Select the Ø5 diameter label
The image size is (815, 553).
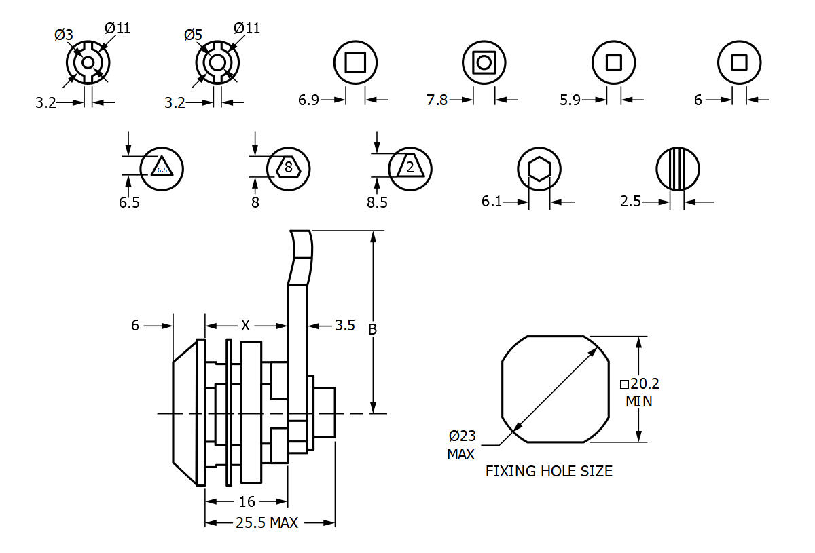(193, 35)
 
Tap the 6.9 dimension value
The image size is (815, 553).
(308, 100)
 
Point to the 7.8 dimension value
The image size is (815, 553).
(437, 100)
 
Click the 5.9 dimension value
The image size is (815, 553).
(570, 100)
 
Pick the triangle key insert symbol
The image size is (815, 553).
(162, 168)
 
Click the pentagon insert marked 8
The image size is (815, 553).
(289, 166)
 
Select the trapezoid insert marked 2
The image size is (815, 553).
(410, 167)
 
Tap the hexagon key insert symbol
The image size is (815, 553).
(539, 169)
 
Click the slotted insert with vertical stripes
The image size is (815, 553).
(677, 169)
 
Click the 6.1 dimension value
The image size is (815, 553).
(492, 202)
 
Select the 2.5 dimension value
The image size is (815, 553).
(631, 202)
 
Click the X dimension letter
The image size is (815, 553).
(245, 326)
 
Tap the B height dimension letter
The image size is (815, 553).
(372, 329)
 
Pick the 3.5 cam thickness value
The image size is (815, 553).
(344, 326)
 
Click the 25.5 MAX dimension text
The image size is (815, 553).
(267, 523)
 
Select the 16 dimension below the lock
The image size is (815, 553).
(247, 501)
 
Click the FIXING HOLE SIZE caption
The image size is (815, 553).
(549, 471)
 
